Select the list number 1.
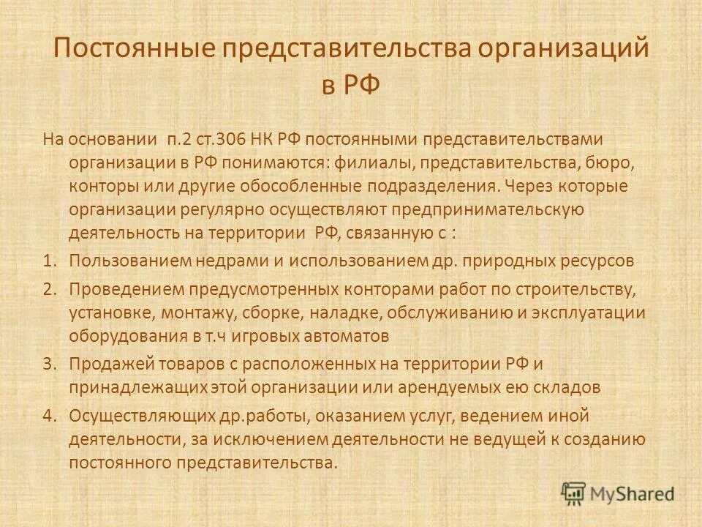coord(48,261)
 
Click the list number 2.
coord(48,288)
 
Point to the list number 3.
coord(48,363)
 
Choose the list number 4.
coord(48,415)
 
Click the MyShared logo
coord(618,493)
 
